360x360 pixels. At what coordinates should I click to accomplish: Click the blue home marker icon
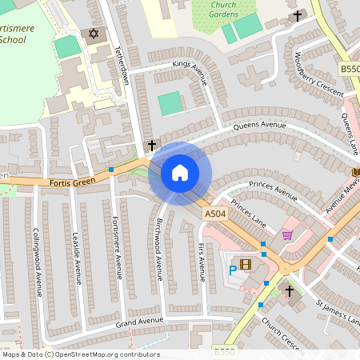[x=180, y=173]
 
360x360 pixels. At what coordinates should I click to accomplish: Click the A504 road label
[x=215, y=214]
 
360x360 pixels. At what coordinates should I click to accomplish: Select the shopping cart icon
[x=287, y=235]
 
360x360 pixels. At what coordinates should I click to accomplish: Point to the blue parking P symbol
[x=234, y=270]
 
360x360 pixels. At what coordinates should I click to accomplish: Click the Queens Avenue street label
[x=259, y=126]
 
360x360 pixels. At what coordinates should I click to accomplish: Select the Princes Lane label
[x=247, y=212]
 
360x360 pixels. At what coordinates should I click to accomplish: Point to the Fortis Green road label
[x=72, y=182]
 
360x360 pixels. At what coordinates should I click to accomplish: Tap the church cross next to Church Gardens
[x=298, y=15]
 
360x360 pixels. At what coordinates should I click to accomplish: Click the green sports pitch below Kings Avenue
[x=170, y=103]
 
